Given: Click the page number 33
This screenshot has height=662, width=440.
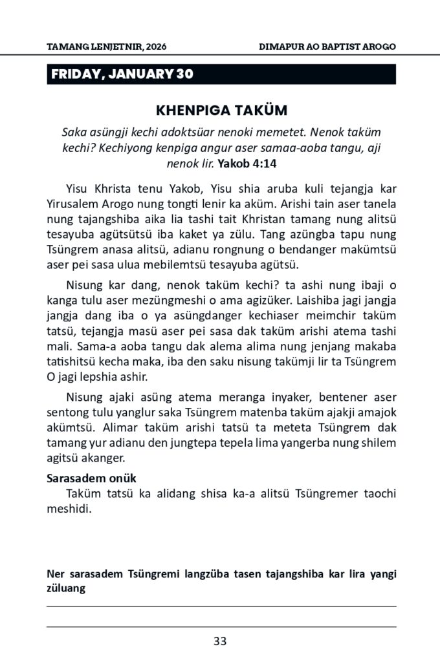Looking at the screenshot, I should click(x=219, y=641).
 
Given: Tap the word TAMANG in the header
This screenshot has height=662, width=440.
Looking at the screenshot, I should click(x=67, y=47).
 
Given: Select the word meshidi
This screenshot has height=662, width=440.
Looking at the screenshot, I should click(x=69, y=507).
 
